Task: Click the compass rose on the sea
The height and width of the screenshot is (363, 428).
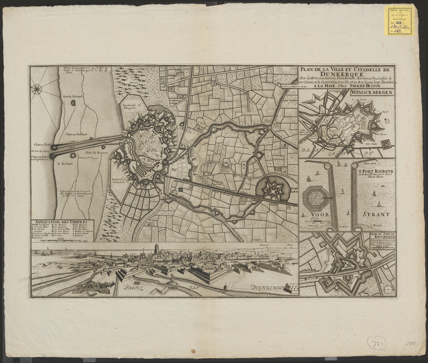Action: point(37,88)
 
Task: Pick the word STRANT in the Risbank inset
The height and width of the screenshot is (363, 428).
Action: point(376,215)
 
